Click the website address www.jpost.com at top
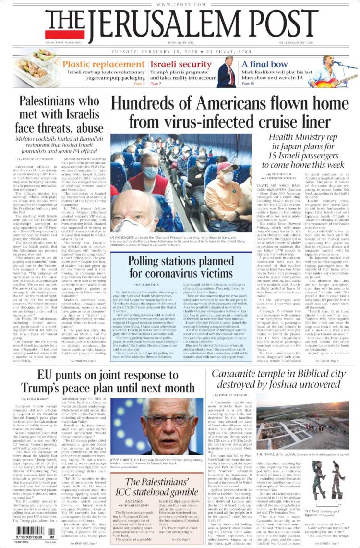[180, 4]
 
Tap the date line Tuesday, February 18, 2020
[180, 51]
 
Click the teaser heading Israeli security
[181, 64]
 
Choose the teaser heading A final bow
[264, 64]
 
